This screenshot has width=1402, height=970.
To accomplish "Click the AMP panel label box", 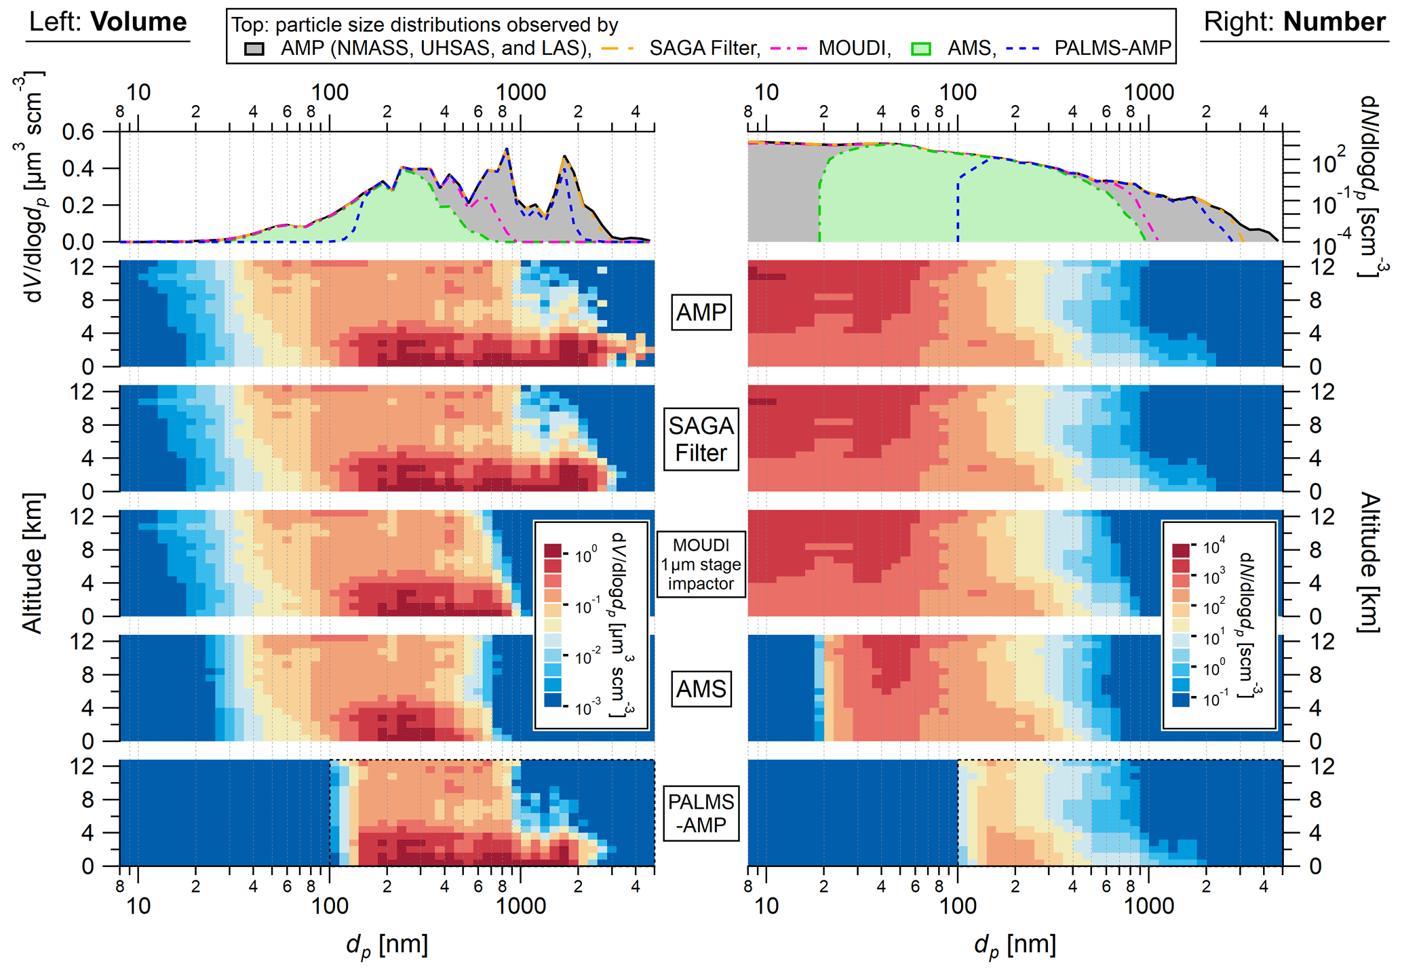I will click(x=701, y=312).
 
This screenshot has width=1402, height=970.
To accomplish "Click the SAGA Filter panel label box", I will click(x=701, y=439).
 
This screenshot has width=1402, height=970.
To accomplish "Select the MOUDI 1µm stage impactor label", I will click(x=701, y=564).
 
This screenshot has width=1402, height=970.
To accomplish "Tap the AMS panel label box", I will click(x=701, y=688).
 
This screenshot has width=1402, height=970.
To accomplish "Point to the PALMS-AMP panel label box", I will click(x=701, y=813).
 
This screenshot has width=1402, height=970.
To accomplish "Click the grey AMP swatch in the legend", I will click(x=254, y=49).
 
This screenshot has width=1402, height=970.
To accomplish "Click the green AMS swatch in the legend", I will click(x=920, y=49).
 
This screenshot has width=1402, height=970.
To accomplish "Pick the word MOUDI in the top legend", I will click(x=854, y=48).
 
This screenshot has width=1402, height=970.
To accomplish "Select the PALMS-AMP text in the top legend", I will click(x=1112, y=48).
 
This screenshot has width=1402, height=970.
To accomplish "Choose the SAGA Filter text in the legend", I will click(x=705, y=48).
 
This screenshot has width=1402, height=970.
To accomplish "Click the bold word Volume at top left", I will click(x=139, y=22).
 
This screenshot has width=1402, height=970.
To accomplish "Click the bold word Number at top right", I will click(x=1333, y=22).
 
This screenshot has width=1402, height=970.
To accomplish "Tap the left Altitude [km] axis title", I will click(x=33, y=563).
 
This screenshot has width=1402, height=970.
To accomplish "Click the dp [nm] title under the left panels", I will click(x=387, y=945).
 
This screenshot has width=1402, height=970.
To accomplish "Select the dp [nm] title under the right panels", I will click(x=1015, y=945).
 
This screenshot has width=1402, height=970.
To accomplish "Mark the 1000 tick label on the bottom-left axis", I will click(x=520, y=906).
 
